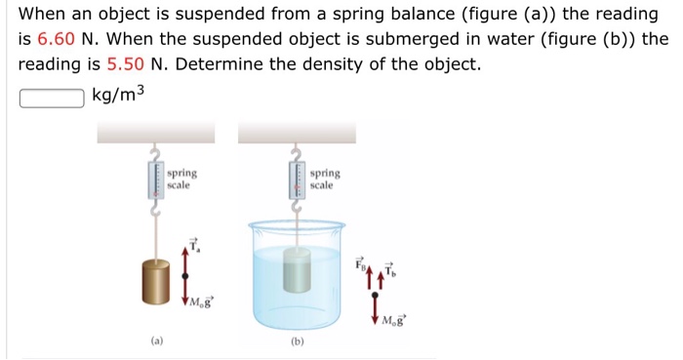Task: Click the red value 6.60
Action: [57, 39]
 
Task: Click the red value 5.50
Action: [125, 64]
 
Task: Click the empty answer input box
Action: [52, 98]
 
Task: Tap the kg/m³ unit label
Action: [118, 95]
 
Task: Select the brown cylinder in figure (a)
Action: [155, 282]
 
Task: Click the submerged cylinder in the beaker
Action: [298, 270]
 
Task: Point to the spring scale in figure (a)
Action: [156, 180]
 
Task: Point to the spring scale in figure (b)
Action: [298, 180]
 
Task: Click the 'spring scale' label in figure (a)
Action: [182, 180]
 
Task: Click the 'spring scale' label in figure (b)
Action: [325, 180]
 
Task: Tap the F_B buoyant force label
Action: [360, 263]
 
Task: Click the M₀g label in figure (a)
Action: [202, 301]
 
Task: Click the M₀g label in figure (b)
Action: [393, 321]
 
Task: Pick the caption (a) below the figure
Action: [157, 340]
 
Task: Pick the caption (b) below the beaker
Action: [297, 341]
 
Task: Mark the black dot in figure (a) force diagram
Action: [185, 276]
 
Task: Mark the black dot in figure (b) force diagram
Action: [375, 296]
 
